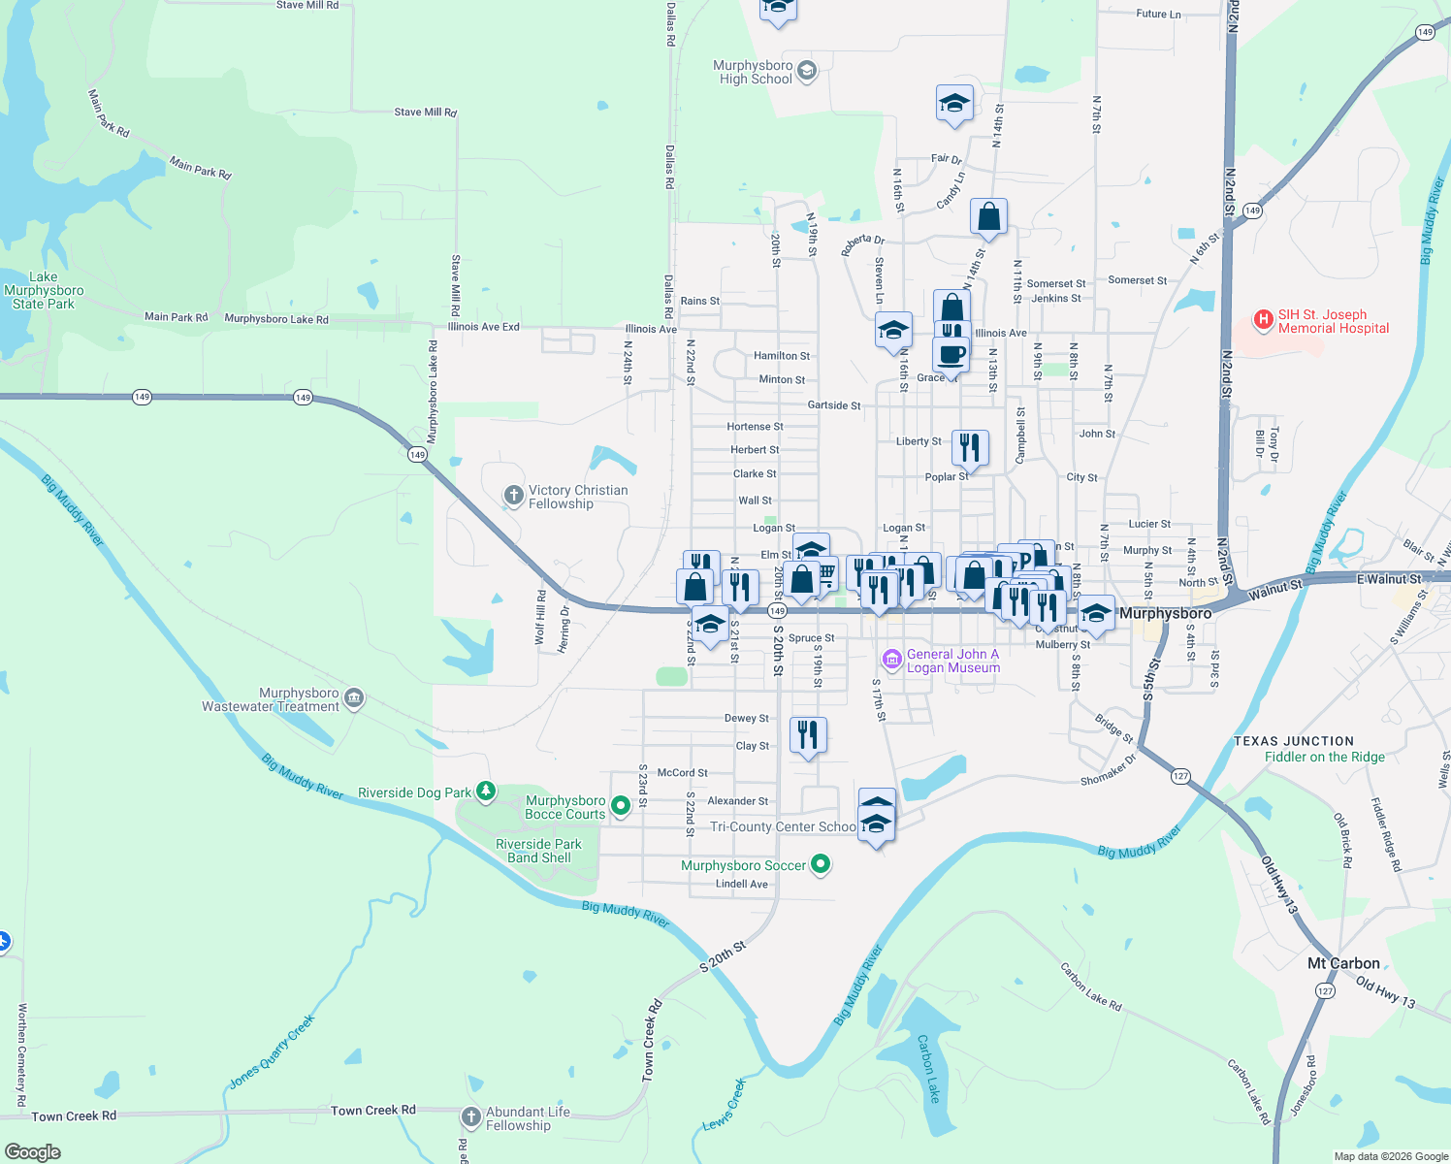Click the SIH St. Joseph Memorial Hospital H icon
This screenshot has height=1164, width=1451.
coord(1263,319)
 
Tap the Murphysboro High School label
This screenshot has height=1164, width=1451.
coord(755,73)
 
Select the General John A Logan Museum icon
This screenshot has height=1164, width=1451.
coord(891,660)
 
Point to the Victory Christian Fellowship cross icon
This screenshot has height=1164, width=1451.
coord(513,497)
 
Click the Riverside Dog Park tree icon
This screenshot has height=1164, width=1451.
coord(486,792)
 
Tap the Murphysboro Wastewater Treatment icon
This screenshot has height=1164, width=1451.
coord(354,698)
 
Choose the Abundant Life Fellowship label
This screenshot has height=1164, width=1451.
coord(528,1118)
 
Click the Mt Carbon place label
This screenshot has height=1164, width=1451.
coord(1343,963)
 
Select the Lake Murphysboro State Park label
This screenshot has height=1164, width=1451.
coord(44,290)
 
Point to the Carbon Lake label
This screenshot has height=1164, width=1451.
coord(928,1068)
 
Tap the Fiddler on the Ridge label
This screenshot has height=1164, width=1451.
coord(1325,757)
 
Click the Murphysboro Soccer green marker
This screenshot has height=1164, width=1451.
coord(821,863)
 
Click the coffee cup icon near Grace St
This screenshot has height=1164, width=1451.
coord(951,354)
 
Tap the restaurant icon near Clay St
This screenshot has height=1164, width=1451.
coord(808,735)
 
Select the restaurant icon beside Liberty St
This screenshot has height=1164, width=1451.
coord(970,447)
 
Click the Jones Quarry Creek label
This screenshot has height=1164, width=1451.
coord(272,1052)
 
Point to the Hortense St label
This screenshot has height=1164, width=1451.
coord(755,427)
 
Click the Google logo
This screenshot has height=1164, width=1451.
coord(32,1152)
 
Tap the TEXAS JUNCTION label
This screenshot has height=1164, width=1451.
coord(1294,741)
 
